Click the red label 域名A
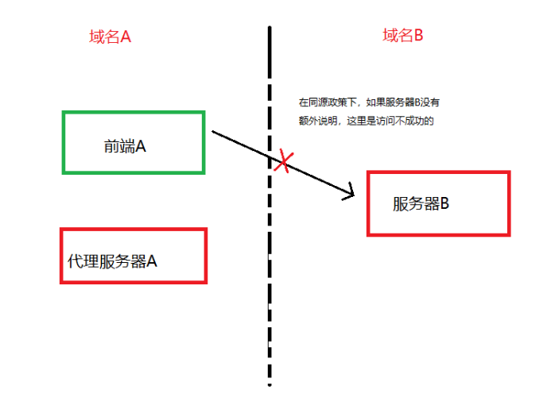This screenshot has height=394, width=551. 109,37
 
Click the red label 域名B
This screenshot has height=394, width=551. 402,35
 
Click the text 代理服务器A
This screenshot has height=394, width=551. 112,261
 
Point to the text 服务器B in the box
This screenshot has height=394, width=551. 421,203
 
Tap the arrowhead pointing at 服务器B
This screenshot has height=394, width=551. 350,193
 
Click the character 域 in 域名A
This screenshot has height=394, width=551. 95,37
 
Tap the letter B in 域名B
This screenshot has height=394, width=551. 417,35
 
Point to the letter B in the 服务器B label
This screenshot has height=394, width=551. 444,203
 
